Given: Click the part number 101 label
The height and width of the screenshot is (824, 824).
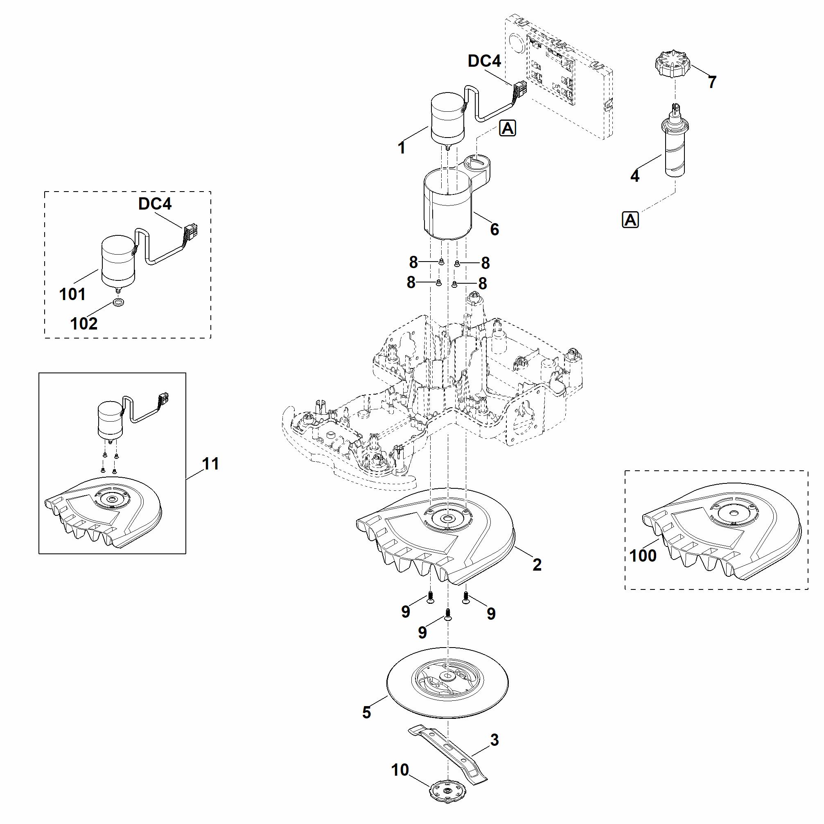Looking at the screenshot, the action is [x=72, y=294].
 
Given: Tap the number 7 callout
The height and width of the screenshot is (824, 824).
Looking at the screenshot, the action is [x=712, y=82].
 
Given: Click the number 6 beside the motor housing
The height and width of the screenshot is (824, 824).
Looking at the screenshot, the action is [x=494, y=230].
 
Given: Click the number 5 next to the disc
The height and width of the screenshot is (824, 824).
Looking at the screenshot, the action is [x=367, y=712].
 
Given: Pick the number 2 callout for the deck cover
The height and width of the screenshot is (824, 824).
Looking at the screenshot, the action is [x=537, y=565].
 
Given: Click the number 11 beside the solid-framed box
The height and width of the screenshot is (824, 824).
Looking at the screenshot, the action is [x=211, y=464].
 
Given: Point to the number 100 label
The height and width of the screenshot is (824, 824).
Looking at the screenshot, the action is [x=643, y=556].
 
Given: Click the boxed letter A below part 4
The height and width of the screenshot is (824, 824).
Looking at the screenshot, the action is [x=630, y=220].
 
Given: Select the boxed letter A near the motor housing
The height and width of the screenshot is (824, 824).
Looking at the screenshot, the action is [x=508, y=128].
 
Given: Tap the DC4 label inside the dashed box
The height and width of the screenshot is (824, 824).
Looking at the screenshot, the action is [x=155, y=204].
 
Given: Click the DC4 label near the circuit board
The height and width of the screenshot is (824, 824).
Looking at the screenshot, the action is [x=485, y=61].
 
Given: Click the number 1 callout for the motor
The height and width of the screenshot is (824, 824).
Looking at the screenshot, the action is [x=401, y=148].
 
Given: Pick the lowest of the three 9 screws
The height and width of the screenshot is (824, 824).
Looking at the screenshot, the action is [x=447, y=614].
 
